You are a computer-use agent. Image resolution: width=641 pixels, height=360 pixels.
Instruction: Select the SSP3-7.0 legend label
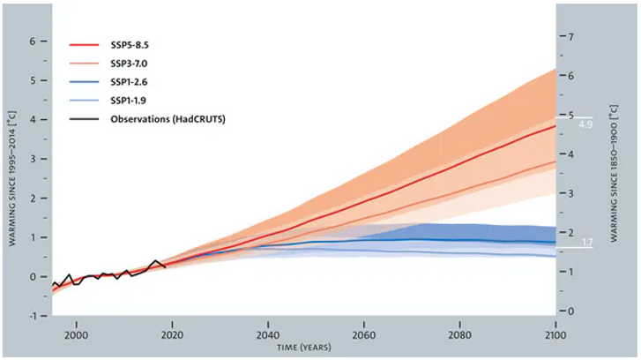pyautogui.click(x=130, y=64)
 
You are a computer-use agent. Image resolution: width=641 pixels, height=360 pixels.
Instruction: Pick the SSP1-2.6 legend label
pyautogui.click(x=130, y=81)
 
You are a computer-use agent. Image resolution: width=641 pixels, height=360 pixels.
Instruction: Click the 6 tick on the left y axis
pyautogui.click(x=33, y=41)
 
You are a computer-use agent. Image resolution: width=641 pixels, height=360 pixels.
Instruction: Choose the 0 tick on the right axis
pyautogui.click(x=571, y=311)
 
